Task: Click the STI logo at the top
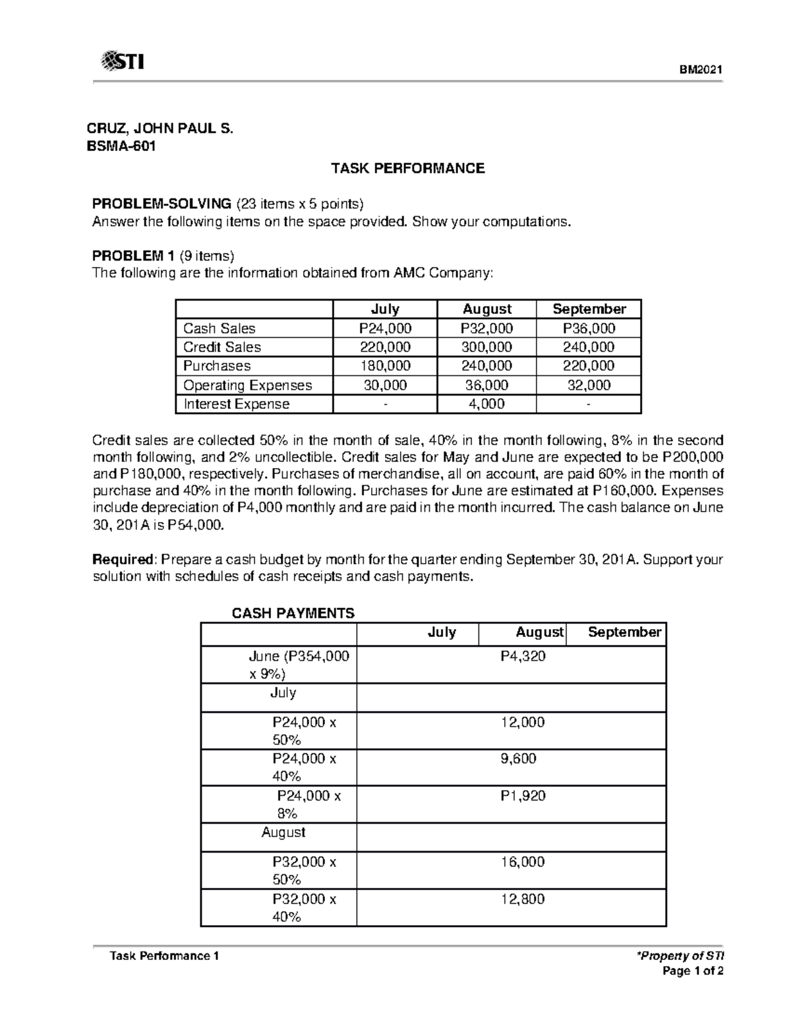tap(123, 62)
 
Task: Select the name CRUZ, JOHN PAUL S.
tap(161, 129)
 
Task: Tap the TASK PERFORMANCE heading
tap(407, 168)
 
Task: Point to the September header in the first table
tap(589, 309)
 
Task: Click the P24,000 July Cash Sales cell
tap(385, 328)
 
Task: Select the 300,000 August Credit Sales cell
tap(486, 347)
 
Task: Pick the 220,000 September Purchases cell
tap(589, 366)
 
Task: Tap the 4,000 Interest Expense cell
tap(486, 404)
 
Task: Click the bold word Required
tap(123, 560)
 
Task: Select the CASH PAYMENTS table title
tap(293, 613)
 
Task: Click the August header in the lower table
tap(539, 632)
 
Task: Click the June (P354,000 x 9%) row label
tap(298, 665)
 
